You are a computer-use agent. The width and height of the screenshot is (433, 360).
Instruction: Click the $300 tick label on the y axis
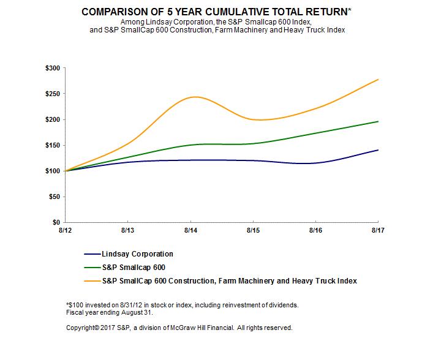[x=52, y=68]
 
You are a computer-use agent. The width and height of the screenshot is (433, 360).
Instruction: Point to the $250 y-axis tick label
[x=52, y=94]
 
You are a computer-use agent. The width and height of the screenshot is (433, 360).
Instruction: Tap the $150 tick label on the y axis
[x=52, y=145]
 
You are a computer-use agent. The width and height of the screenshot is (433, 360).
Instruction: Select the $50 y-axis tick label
[x=54, y=197]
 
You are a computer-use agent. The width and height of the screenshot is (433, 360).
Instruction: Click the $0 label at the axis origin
[x=56, y=222]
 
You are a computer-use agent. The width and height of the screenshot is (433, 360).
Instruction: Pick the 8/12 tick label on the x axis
[x=64, y=231]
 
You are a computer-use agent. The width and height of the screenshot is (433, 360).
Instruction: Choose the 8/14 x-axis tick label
[x=190, y=231]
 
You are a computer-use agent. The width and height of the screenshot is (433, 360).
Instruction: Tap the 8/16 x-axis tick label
[x=315, y=231]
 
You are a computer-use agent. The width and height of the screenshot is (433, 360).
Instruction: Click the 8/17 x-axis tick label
[x=378, y=231]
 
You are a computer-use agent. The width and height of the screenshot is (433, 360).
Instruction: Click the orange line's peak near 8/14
[x=192, y=97]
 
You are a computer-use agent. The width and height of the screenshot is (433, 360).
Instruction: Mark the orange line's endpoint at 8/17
[x=378, y=80]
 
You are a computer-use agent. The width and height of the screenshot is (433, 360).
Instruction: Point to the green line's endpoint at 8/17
[x=378, y=121]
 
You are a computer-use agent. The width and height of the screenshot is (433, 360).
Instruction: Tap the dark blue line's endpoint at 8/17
[x=378, y=150]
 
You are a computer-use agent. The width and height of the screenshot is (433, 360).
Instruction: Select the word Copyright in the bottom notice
[x=82, y=328]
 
